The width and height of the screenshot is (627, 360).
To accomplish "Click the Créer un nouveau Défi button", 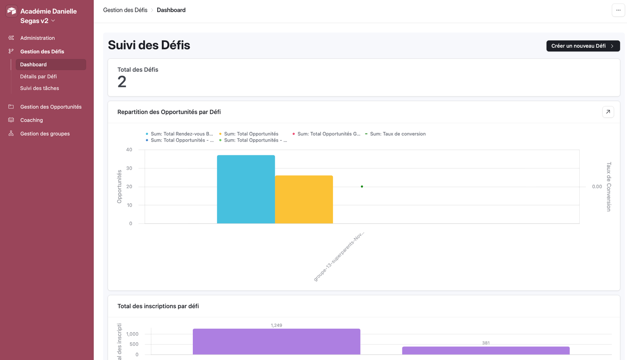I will [583, 46].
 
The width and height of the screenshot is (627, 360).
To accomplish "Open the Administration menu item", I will [37, 38].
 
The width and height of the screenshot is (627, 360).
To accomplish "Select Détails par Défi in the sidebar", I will [38, 76].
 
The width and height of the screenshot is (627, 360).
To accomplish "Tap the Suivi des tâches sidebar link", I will [40, 88].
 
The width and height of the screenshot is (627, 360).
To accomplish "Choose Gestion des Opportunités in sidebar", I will [51, 107].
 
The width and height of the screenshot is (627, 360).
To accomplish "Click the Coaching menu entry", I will [31, 120].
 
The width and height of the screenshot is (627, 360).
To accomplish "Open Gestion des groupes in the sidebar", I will [45, 134].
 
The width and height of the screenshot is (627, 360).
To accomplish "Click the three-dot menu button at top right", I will [618, 10].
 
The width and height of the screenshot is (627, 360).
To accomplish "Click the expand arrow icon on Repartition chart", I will [608, 112].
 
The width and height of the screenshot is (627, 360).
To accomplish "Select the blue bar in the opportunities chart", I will [246, 189].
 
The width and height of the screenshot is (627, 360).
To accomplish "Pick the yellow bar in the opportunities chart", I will [304, 200].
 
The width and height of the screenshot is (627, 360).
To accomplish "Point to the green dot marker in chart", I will [362, 187].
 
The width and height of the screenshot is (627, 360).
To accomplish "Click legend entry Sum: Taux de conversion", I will [397, 134].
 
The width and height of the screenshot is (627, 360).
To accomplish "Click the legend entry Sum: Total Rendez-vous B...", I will [181, 134].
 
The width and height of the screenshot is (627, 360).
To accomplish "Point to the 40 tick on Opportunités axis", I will [129, 150].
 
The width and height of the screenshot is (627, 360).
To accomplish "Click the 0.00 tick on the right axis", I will [596, 187].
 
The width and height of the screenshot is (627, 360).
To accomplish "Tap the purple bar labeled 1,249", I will [276, 342].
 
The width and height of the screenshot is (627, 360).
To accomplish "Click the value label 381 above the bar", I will [486, 343].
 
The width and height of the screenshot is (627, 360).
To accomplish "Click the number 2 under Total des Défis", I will [122, 82].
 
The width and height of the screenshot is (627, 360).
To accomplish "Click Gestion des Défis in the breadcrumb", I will [125, 10].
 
